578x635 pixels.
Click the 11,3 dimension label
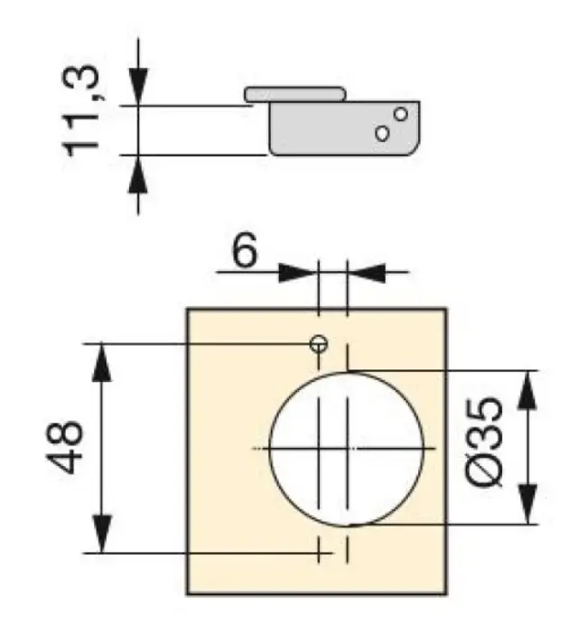point(80,110)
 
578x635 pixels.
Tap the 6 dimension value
point(244,251)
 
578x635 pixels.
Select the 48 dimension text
point(65,447)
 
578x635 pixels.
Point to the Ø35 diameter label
point(485,443)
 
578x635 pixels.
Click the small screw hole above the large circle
point(319,344)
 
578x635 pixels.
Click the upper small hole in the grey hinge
point(401,114)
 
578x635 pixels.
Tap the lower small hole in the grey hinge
point(382,134)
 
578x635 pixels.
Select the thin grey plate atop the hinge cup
point(295,94)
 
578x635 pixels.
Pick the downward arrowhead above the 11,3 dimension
point(138,87)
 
